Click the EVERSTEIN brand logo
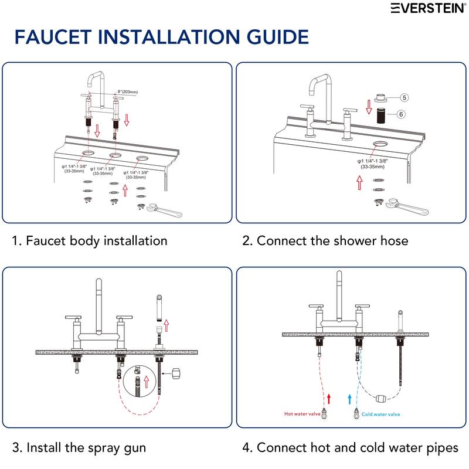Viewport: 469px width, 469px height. pos(429,8)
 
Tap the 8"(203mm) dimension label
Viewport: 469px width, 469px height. pos(127,92)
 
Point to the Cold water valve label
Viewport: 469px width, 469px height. pos(380,414)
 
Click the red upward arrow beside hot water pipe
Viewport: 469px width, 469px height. pos(329,399)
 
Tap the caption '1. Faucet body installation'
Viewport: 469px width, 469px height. pos(90,240)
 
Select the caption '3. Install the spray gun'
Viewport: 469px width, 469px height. pos(79,448)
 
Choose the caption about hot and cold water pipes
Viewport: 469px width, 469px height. pos(350,448)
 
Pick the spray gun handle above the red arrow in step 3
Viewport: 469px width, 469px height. pos(158,307)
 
